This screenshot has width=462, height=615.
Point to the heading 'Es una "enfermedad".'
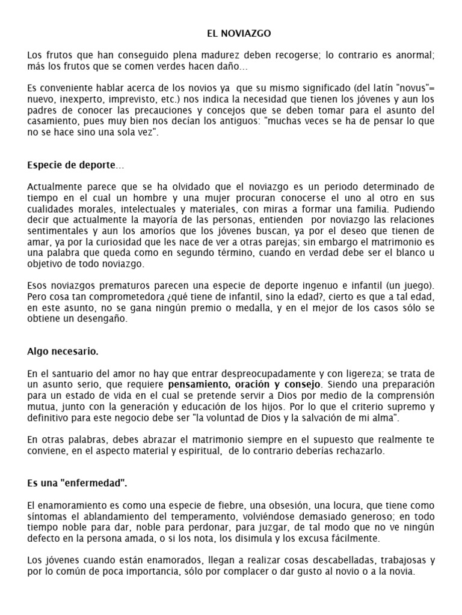pyautogui.click(x=78, y=483)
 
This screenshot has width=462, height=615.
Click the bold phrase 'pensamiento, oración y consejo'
pyautogui.click(x=245, y=384)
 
